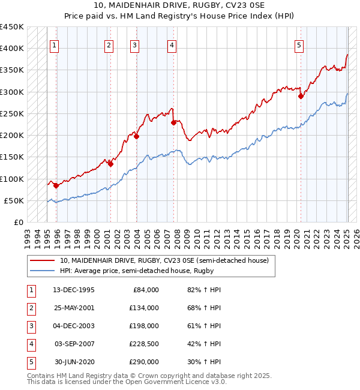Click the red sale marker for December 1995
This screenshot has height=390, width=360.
(x=56, y=186)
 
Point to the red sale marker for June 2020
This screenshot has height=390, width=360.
(x=301, y=96)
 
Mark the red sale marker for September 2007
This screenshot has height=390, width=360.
(x=173, y=122)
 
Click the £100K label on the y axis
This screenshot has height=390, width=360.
(x=12, y=179)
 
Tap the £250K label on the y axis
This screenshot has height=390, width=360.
(x=12, y=113)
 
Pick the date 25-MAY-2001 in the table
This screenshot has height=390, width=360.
(x=74, y=308)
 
